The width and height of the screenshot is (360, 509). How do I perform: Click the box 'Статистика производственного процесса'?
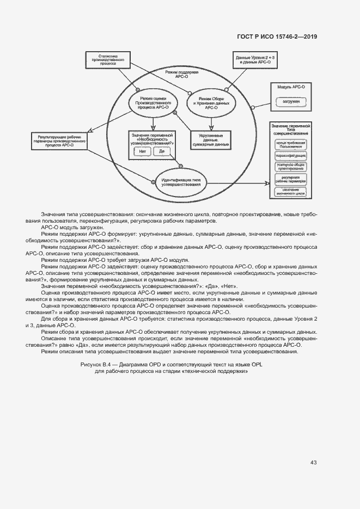click(111, 59)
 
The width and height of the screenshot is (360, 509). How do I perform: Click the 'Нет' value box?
click(142, 151)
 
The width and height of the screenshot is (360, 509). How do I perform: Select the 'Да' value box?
click(161, 151)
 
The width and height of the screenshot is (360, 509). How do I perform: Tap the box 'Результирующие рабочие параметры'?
click(60, 140)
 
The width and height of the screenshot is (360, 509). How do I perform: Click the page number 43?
click(314, 463)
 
